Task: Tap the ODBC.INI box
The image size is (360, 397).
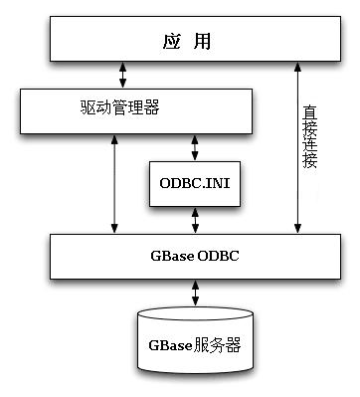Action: [195, 185]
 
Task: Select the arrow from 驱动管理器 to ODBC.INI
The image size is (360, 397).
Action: [195, 146]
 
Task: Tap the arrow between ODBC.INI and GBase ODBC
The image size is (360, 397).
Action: [195, 220]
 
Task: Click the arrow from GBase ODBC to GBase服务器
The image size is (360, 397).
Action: [195, 292]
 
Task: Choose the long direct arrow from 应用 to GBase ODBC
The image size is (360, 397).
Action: [295, 149]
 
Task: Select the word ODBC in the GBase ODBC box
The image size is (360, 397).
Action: [217, 256]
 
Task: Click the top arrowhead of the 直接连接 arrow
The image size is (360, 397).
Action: [295, 66]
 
